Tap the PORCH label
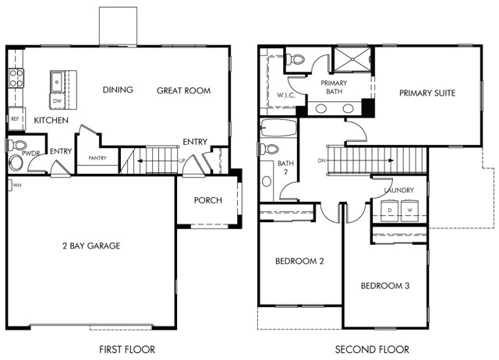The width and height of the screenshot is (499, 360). pyautogui.click(x=208, y=200)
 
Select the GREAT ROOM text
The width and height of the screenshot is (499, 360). pyautogui.click(x=183, y=90)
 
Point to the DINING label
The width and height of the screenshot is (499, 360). pyautogui.click(x=118, y=90)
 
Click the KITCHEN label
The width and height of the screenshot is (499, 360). pyautogui.click(x=51, y=121)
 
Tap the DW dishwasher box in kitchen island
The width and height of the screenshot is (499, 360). pyautogui.click(x=57, y=101)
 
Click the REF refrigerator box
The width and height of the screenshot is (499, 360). pyautogui.click(x=15, y=119)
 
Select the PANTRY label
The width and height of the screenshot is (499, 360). pyautogui.click(x=97, y=158)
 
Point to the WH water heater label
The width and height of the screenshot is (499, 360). pyautogui.click(x=16, y=185)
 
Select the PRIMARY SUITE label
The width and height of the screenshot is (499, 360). pyautogui.click(x=427, y=93)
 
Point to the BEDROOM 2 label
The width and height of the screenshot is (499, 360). pyautogui.click(x=299, y=261)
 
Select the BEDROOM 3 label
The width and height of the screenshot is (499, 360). pyautogui.click(x=385, y=286)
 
